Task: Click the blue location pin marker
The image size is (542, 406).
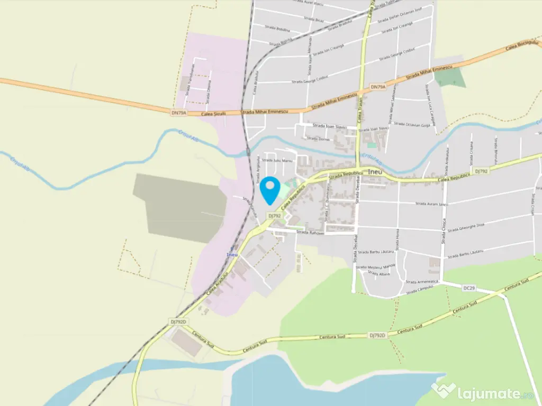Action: point(270,189)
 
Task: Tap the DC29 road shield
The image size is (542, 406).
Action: point(469,288)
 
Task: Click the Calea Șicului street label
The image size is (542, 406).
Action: point(214,113)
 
